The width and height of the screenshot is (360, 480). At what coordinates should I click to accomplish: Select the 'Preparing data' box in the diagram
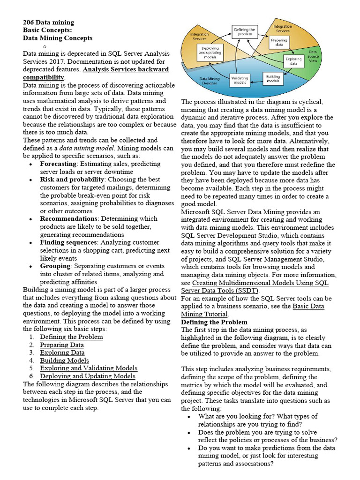[x=279, y=43]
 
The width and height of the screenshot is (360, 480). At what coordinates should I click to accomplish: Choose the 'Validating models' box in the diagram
[x=240, y=80]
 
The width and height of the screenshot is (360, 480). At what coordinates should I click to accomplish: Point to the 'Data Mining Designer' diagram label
[x=210, y=82]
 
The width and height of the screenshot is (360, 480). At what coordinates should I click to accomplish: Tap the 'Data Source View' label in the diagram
[x=313, y=56]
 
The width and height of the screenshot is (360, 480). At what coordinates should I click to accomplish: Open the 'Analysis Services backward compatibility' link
[x=96, y=73]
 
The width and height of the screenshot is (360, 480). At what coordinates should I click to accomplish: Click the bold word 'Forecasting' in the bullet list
[x=58, y=164]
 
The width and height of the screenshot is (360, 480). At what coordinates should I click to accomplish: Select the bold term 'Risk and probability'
[x=72, y=180]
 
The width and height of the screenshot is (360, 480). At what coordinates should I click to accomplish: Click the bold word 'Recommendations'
[x=69, y=218]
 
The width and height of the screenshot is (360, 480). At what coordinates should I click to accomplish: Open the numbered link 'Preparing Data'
[x=62, y=345]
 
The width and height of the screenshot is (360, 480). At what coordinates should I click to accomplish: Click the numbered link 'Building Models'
[x=64, y=360]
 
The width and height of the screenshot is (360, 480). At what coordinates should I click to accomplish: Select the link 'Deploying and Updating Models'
[x=87, y=376]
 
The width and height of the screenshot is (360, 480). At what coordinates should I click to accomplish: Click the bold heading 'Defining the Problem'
[x=214, y=322]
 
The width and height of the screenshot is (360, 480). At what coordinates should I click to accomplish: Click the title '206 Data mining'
[x=48, y=22]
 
